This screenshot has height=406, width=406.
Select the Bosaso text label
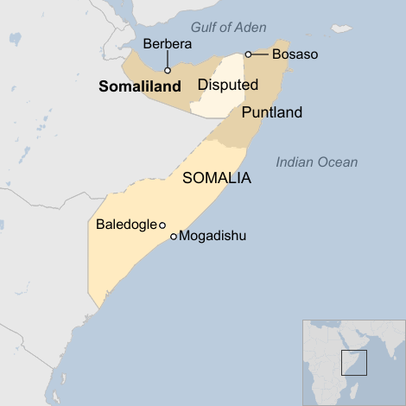pyautogui.click(x=295, y=54)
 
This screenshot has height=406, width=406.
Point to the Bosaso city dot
pyautogui.click(x=248, y=54)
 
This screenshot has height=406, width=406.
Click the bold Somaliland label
pyautogui.click(x=140, y=86)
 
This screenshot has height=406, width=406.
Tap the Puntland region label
pyautogui.click(x=272, y=112)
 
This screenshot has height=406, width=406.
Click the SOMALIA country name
pyautogui.click(x=217, y=179)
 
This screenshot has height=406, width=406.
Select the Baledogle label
pyautogui.click(x=125, y=225)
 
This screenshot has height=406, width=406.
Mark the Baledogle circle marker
pyautogui.click(x=162, y=225)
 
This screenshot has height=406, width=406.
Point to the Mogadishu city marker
pyautogui.click(x=174, y=236)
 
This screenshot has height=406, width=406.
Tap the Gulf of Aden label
pyautogui.click(x=229, y=28)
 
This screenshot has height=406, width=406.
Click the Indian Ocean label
pyautogui.click(x=317, y=162)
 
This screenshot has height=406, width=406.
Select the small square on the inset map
pyautogui.click(x=354, y=363)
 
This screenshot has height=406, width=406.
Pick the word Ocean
pyautogui.click(x=338, y=162)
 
